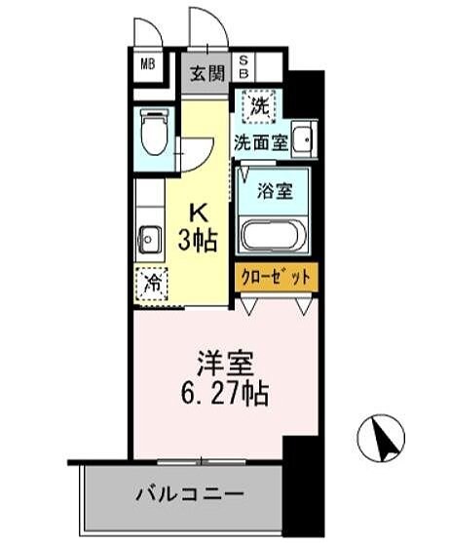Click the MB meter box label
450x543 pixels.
[148, 66]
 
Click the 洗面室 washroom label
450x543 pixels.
[260, 141]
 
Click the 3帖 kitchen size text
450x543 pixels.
[199, 237]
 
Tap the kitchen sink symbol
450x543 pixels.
[150, 237]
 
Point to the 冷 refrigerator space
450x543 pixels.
[152, 284]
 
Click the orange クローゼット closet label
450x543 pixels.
[274, 277]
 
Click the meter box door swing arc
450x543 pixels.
[145, 32]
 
